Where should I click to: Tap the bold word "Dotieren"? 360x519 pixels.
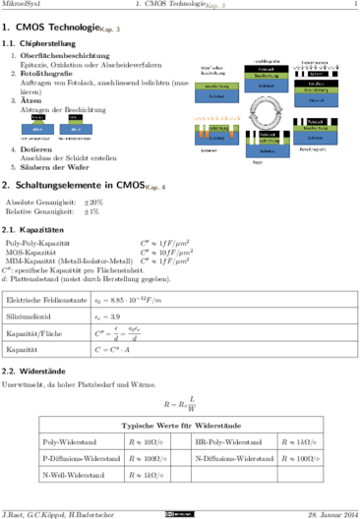40,147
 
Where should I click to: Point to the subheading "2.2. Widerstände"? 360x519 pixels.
35,373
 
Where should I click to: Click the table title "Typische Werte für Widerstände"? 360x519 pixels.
180,425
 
